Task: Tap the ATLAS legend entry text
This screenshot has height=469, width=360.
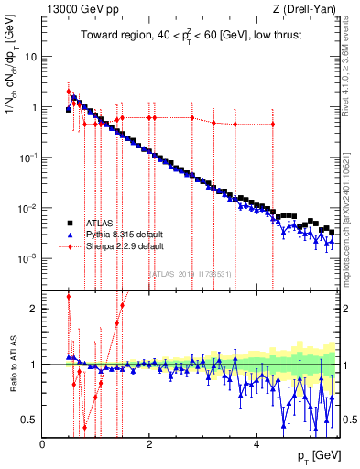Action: (x=94, y=222)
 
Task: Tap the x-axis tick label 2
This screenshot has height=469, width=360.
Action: (x=149, y=443)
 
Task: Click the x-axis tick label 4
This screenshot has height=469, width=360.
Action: (x=256, y=443)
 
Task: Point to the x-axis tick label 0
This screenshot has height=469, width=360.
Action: (x=43, y=443)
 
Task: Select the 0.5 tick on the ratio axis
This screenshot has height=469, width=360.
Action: (x=30, y=420)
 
